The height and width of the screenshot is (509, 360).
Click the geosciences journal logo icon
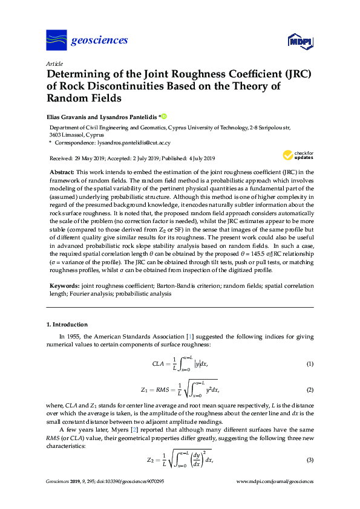point(56,41)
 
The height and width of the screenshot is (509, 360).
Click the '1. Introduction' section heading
point(67,325)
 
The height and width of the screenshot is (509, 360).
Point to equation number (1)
point(309,363)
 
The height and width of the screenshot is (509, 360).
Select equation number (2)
point(309,390)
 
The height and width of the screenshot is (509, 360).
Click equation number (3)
point(309,460)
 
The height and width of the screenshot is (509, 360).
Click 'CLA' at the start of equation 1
point(158,363)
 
